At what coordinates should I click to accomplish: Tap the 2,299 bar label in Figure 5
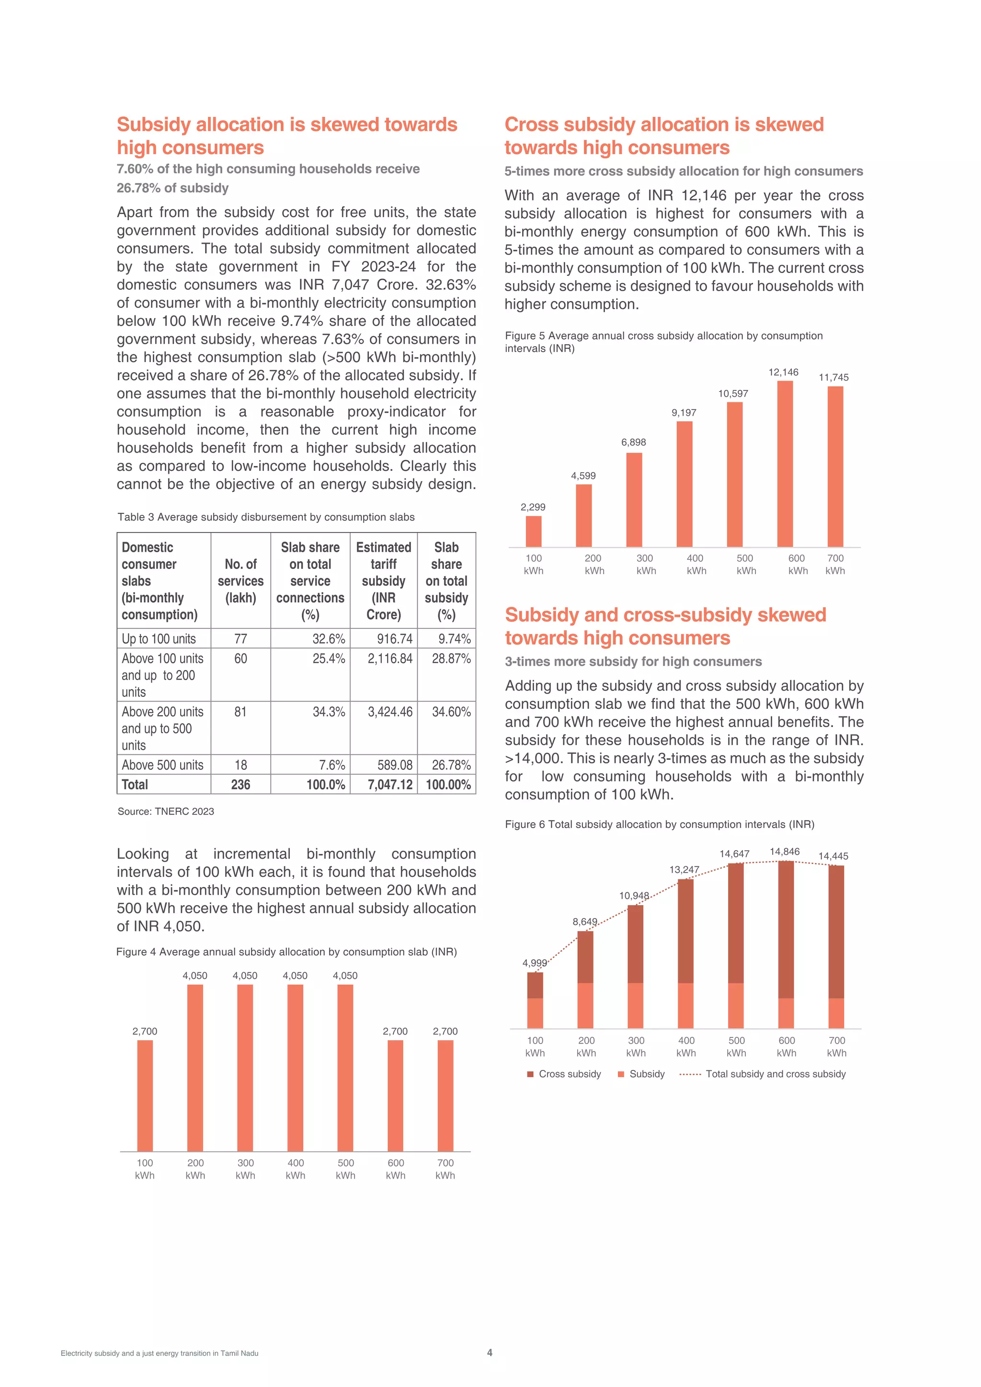click(533, 507)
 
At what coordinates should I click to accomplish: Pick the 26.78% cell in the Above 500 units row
click(451, 765)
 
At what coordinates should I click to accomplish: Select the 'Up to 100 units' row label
click(159, 638)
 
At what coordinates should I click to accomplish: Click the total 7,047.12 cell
click(389, 784)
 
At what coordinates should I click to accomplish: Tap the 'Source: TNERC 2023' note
click(166, 811)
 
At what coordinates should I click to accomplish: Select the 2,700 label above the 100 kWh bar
click(145, 1031)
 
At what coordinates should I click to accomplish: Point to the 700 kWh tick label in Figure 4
click(445, 1169)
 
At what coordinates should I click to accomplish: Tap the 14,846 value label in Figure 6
click(784, 851)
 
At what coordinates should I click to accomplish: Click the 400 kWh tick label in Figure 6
click(686, 1046)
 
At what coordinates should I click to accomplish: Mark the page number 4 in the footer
click(490, 1353)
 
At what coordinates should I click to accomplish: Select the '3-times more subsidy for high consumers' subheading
click(633, 661)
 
